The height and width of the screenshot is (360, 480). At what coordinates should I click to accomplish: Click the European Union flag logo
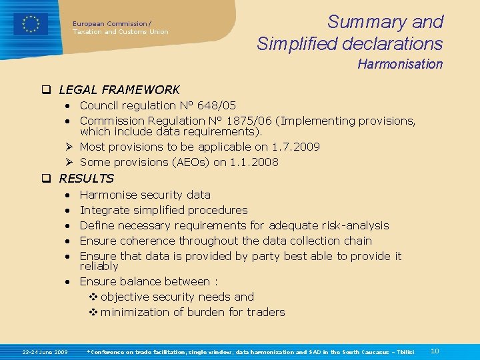click(x=31, y=24)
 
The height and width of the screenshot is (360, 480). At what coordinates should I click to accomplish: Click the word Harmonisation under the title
click(x=399, y=65)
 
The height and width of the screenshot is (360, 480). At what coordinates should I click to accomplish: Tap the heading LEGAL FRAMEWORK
click(x=119, y=89)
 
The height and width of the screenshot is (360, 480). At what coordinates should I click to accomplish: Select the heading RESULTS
click(x=86, y=179)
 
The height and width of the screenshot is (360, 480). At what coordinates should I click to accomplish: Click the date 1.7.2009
click(x=296, y=147)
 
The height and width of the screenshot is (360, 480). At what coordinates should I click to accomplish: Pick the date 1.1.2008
click(x=255, y=162)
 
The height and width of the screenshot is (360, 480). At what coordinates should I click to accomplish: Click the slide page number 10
click(x=435, y=351)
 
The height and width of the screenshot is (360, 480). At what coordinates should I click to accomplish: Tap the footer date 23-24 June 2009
click(x=45, y=351)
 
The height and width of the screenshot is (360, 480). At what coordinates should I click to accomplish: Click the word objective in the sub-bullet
click(x=124, y=297)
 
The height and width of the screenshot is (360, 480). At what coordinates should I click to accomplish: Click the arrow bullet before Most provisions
click(x=69, y=147)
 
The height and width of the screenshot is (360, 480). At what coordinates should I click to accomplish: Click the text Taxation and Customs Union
click(x=121, y=32)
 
